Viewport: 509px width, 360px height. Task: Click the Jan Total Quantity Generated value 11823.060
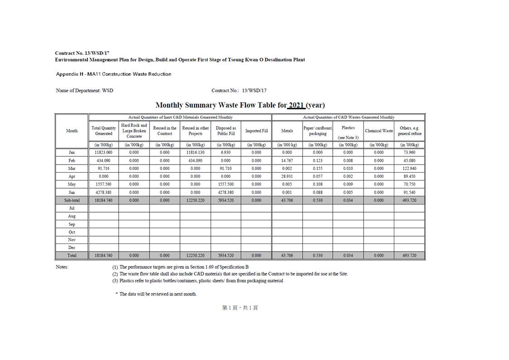click(103, 153)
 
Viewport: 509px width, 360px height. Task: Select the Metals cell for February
click(287, 161)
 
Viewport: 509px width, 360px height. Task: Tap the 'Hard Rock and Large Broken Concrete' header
click(134, 131)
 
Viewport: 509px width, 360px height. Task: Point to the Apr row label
click(72, 176)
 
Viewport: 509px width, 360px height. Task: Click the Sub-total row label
click(72, 200)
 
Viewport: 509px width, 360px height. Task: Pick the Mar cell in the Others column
click(409, 169)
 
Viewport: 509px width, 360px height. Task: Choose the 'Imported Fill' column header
click(257, 131)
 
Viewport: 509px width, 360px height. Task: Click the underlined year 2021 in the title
click(296, 105)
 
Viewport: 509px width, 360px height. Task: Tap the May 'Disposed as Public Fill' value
click(226, 185)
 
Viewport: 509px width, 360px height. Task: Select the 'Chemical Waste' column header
click(378, 131)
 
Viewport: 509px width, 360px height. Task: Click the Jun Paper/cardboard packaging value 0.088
click(318, 192)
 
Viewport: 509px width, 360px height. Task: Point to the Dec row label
click(72, 248)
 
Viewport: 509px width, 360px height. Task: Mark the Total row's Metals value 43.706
click(287, 256)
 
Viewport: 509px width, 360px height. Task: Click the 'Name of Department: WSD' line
click(85, 91)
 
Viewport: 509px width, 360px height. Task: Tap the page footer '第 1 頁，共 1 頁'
click(240, 308)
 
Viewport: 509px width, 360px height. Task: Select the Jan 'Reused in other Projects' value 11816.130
click(195, 153)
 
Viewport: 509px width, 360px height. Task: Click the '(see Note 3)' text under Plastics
click(348, 137)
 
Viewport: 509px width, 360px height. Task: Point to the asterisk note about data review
click(156, 294)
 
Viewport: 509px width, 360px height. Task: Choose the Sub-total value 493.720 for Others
click(409, 200)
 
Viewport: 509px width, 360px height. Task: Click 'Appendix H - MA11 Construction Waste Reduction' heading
click(114, 74)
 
